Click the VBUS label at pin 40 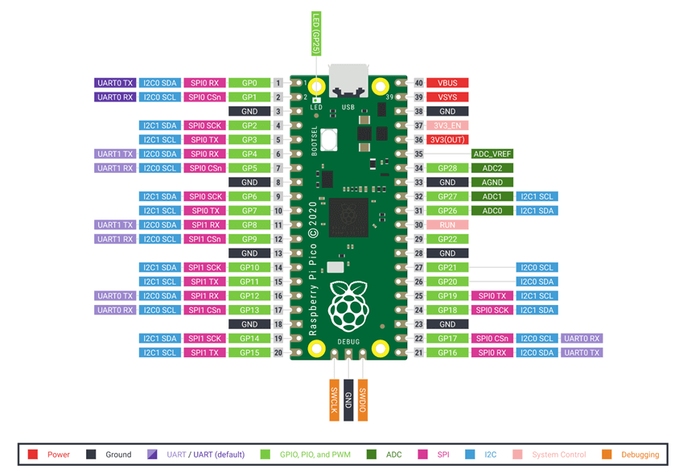[447, 83]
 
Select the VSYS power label [447, 97]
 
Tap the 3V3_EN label [447, 125]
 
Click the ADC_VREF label [492, 154]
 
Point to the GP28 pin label [447, 168]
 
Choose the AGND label [492, 183]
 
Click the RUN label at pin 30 [447, 225]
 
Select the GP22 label [447, 239]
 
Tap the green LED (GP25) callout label [316, 33]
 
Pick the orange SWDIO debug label [363, 398]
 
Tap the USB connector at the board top [348, 81]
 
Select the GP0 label [249, 83]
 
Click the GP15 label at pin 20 [249, 352]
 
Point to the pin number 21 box [419, 352]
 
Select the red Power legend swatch [33, 454]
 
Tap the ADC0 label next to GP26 [492, 211]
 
